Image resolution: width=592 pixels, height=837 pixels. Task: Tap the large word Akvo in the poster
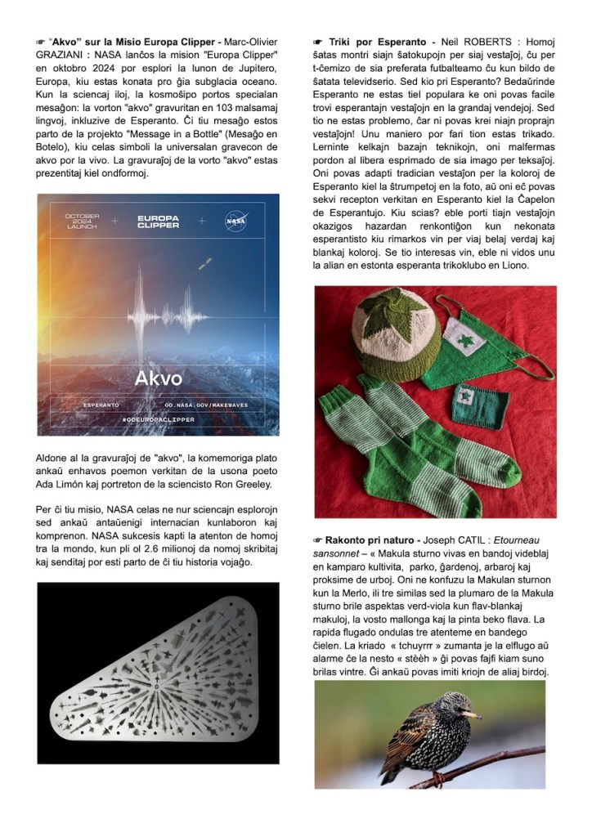160,379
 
